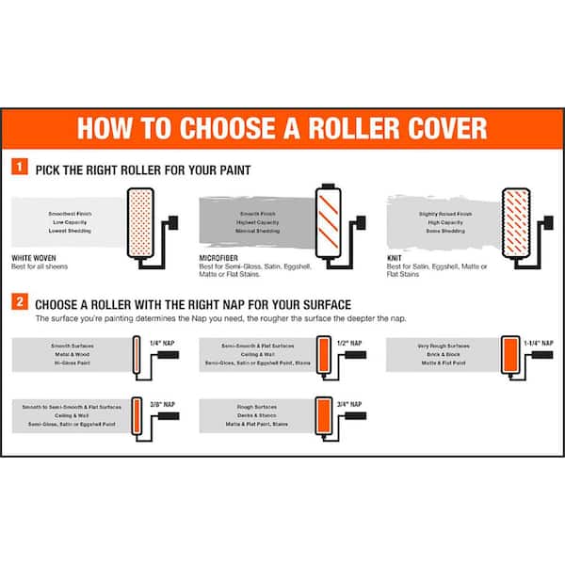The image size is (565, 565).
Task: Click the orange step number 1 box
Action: click(x=20, y=169)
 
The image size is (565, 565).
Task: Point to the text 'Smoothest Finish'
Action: click(x=69, y=214)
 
